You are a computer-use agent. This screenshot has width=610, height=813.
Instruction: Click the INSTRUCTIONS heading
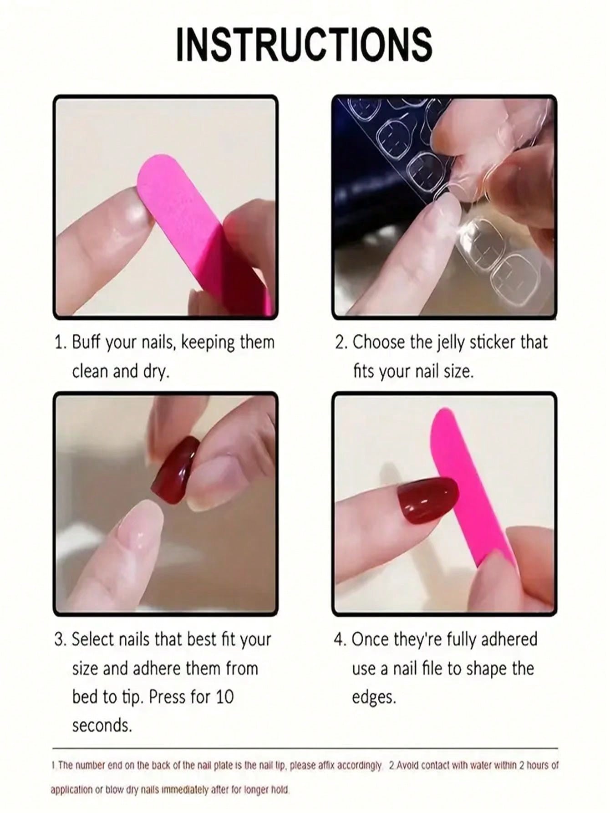click(x=304, y=44)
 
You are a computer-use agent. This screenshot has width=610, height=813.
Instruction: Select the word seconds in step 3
click(x=102, y=726)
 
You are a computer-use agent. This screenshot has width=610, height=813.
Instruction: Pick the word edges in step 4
click(x=374, y=697)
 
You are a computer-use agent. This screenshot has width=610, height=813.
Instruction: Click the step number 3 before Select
click(x=59, y=639)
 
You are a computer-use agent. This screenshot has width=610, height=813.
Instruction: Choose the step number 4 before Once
click(x=339, y=639)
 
